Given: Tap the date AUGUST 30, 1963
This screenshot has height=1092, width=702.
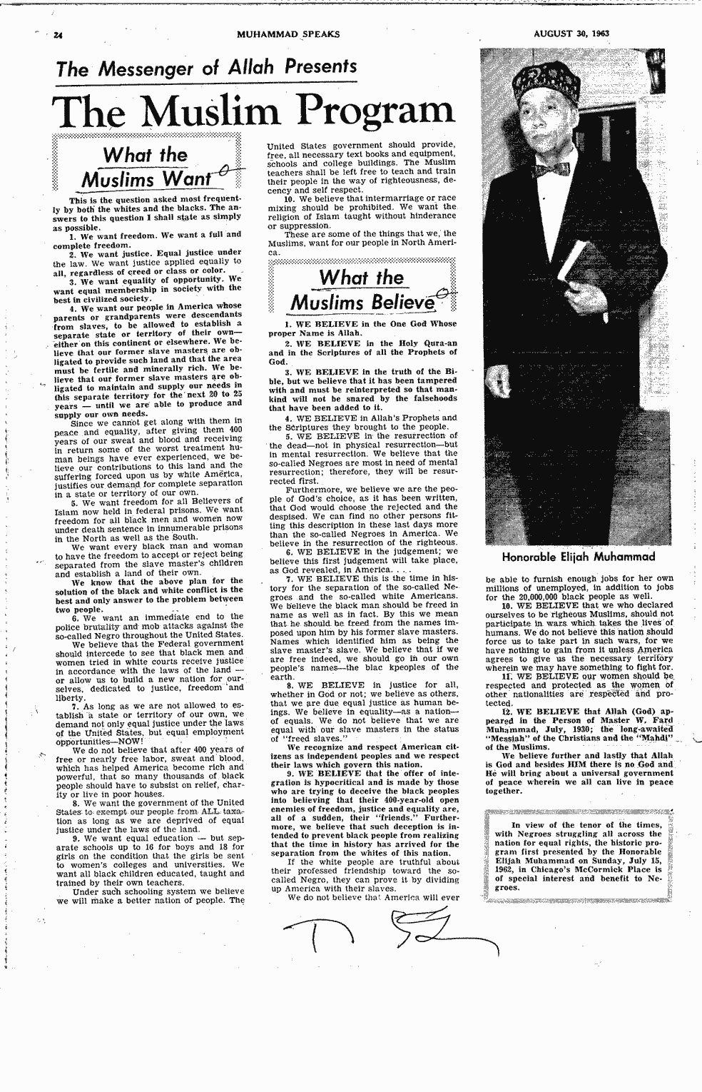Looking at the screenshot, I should tap(571, 33).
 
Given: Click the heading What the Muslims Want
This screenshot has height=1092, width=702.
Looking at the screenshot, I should tap(146, 166).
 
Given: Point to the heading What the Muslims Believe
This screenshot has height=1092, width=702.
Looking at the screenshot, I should tap(361, 290).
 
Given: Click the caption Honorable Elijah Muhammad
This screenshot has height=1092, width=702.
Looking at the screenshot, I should tap(578, 557).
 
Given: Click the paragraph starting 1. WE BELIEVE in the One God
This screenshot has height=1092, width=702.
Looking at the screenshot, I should tap(362, 328).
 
